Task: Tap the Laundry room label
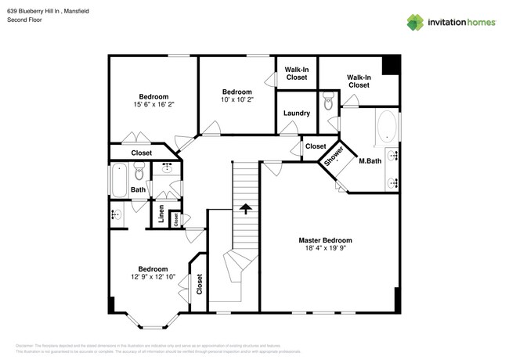pos(297,113)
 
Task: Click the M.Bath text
pos(370,160)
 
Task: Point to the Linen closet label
pos(161,215)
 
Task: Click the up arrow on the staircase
pos(245,209)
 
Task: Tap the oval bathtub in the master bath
pos(387,128)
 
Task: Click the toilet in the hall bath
pos(139,174)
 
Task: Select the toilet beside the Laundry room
pos(327,103)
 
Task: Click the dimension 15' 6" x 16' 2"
pos(153,104)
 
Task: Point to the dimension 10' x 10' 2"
pos(236,99)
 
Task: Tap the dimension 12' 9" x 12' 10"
pos(153,277)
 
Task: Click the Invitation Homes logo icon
pos(414,22)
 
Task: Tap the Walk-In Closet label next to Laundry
pos(297,74)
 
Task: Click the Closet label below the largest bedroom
pos(142,153)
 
